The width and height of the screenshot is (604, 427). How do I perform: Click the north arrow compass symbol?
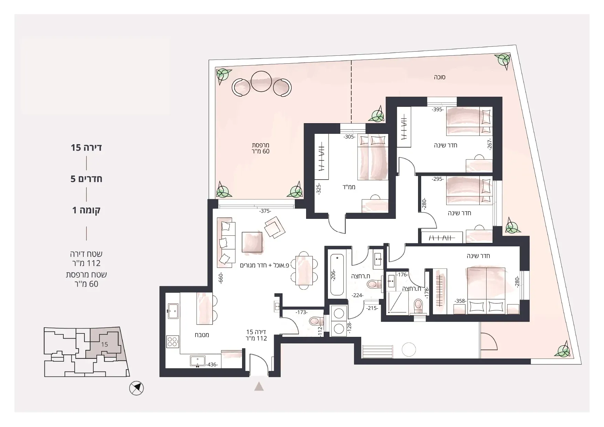pos(136,388)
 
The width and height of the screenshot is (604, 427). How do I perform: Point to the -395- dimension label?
pos(438,110)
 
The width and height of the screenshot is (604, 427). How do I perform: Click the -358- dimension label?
pos(460,301)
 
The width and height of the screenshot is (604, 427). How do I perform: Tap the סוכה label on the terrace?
pos(440,77)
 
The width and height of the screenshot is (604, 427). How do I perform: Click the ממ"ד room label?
pos(349,187)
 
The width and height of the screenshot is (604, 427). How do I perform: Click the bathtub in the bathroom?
pos(337,275)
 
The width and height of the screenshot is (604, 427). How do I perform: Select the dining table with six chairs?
pos(304,270)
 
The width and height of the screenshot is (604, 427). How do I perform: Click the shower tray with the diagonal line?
pos(397,302)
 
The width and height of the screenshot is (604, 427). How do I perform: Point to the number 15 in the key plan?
pos(105,344)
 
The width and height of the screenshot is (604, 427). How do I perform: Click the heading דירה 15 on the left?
pos(86,148)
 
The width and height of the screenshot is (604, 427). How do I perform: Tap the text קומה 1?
pos(86,210)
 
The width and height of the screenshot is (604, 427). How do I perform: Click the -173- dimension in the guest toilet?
pos(302,312)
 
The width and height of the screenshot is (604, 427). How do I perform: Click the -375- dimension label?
pos(265,211)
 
